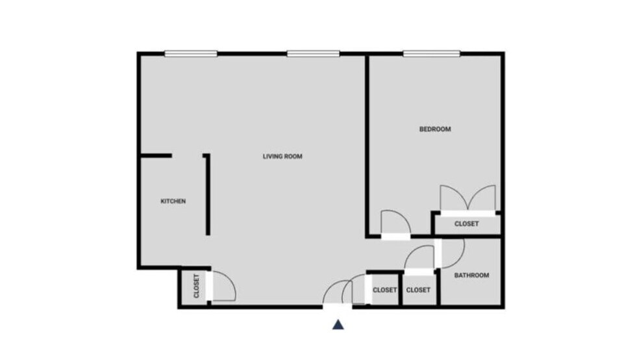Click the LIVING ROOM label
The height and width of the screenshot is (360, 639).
[282, 157]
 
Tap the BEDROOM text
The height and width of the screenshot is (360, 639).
[434, 129]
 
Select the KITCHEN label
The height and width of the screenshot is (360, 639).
[173, 201]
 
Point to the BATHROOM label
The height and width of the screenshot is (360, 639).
[471, 276]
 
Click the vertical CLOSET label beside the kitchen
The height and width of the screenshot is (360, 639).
[196, 287]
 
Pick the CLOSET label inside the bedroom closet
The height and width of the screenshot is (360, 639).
[466, 224]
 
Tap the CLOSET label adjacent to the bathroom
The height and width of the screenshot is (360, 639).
[418, 290]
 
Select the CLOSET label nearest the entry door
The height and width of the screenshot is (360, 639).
[384, 290]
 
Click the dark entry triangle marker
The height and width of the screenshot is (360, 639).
[338, 324]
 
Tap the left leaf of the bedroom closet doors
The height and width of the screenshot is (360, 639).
[452, 198]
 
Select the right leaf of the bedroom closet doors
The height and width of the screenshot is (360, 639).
[484, 198]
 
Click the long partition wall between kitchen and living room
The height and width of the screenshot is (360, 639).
[208, 195]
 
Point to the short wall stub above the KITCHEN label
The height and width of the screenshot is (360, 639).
[156, 156]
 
